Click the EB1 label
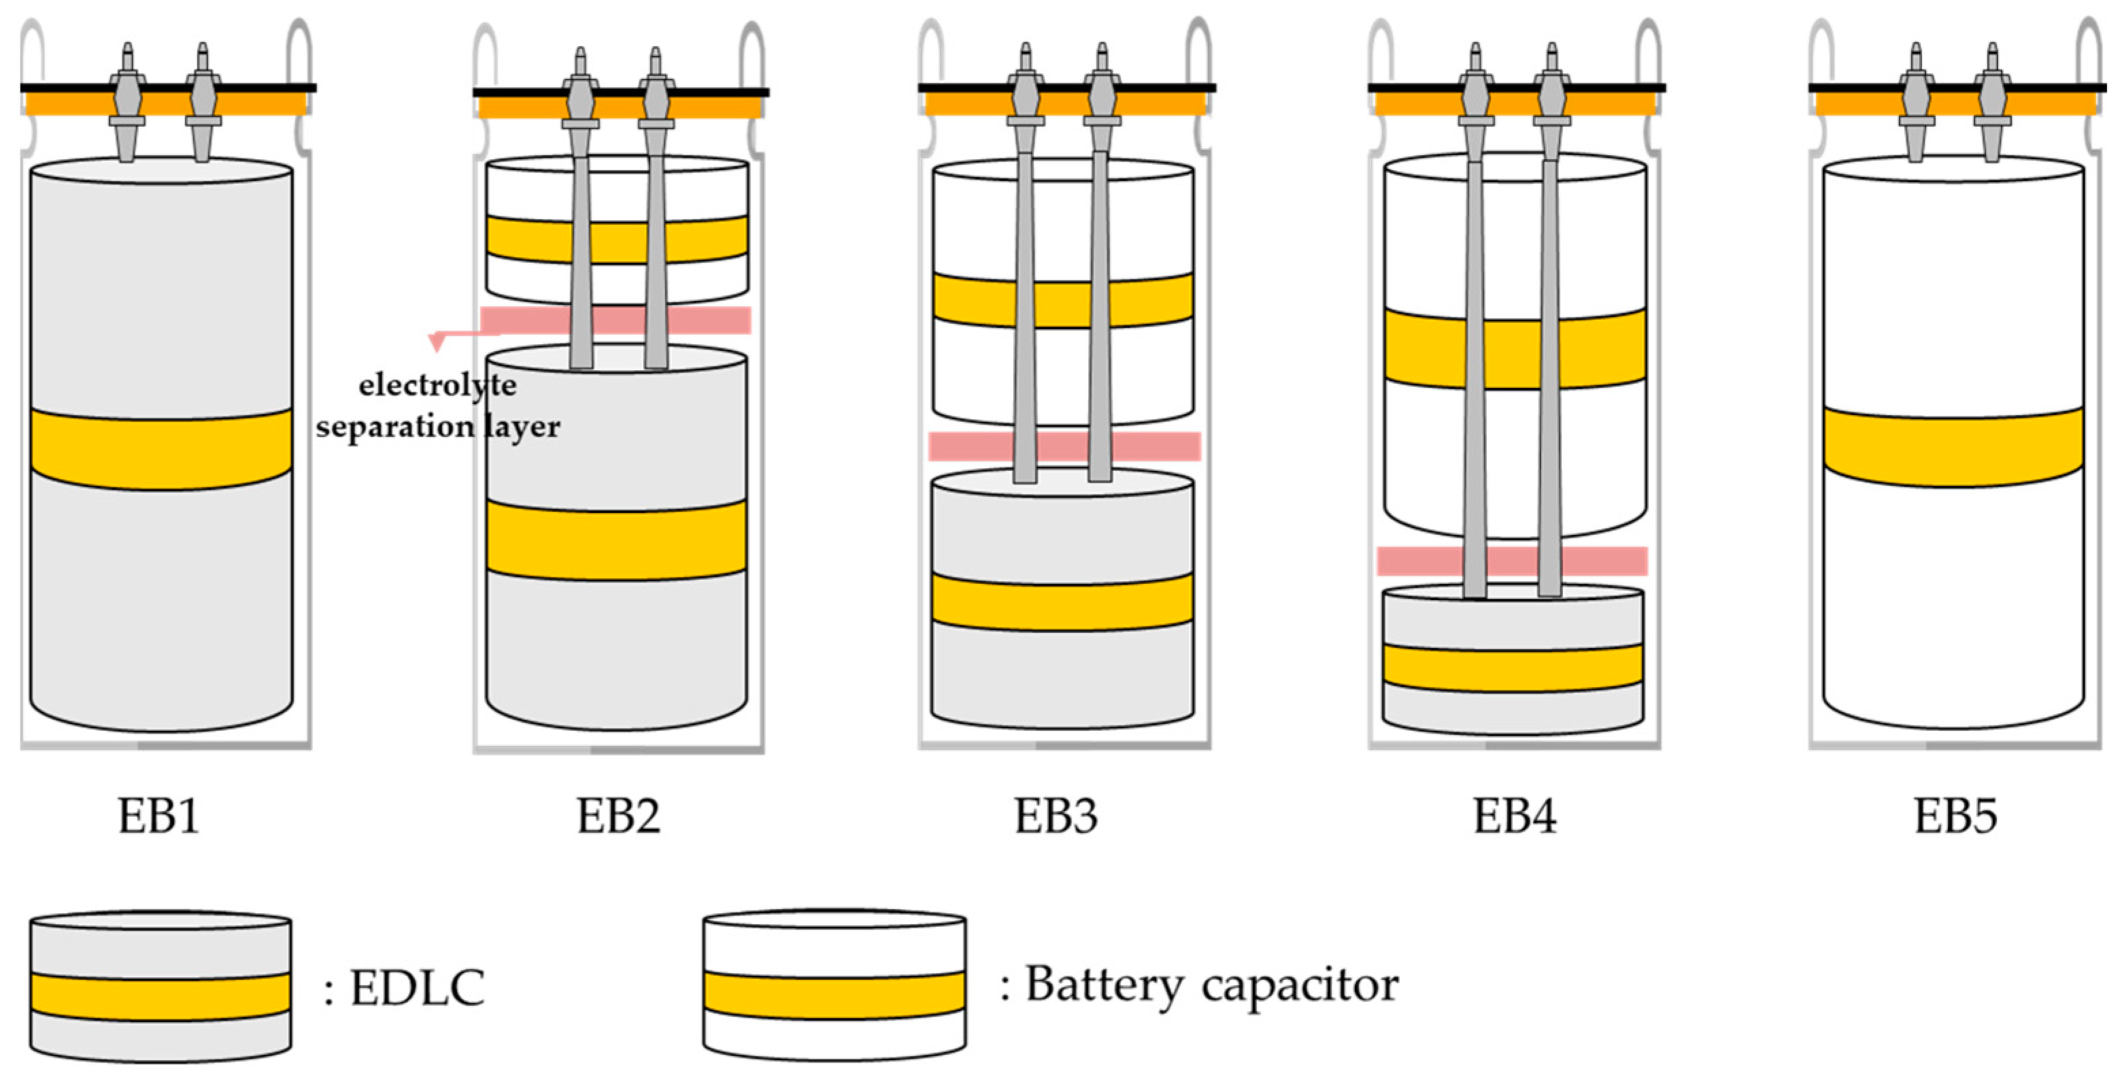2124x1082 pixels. (158, 817)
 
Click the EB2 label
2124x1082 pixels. (618, 817)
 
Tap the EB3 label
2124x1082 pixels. (1056, 817)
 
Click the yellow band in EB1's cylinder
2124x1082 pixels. (161, 449)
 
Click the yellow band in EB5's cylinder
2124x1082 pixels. (1953, 447)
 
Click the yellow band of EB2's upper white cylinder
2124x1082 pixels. (528, 239)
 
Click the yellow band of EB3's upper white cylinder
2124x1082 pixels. (973, 301)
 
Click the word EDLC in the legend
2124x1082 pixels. (417, 987)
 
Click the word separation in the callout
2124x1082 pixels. (394, 427)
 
